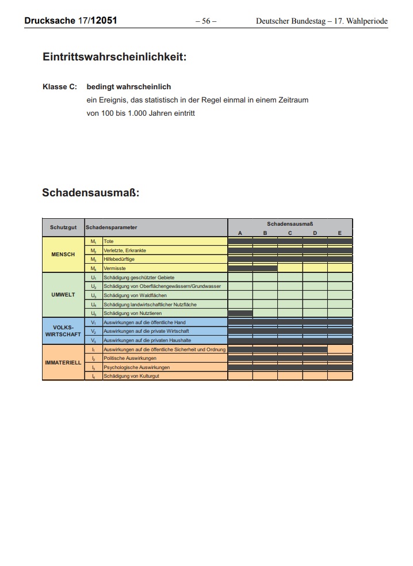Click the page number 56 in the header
(x=206, y=21)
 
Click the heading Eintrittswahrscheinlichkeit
(x=114, y=57)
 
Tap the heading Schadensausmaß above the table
(x=91, y=192)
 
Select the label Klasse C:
(x=60, y=87)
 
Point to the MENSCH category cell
(x=63, y=254)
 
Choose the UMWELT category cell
(x=63, y=295)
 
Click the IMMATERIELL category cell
(x=63, y=363)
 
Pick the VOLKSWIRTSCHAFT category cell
(x=63, y=331)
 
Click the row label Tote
(x=109, y=241)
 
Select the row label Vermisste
(x=114, y=268)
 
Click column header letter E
(x=340, y=233)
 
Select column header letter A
(x=240, y=233)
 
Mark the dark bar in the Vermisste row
(x=253, y=268)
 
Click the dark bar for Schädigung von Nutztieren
(x=240, y=313)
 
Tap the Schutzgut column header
(x=63, y=227)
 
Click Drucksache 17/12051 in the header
(x=71, y=21)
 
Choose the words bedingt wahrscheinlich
(x=129, y=87)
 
